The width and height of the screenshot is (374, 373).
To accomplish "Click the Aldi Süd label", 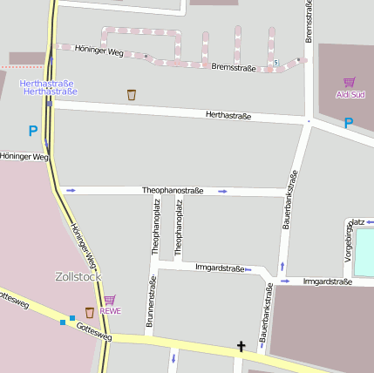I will click(x=349, y=94).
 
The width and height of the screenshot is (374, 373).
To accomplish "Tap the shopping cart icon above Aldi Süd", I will click(x=349, y=82).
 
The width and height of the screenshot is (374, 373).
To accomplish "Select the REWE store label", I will click(x=110, y=310).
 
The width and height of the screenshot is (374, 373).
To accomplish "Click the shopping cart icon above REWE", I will click(x=110, y=299).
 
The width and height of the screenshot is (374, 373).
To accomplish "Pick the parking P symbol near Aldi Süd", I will click(x=348, y=123).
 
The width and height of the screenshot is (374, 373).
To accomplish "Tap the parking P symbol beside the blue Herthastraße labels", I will click(x=33, y=132).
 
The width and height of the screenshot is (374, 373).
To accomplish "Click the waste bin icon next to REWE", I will click(x=89, y=312).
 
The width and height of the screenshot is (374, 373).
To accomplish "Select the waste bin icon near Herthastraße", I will click(x=132, y=94).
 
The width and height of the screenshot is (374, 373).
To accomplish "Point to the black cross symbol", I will click(x=241, y=347).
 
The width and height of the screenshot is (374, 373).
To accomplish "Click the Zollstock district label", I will click(x=78, y=276).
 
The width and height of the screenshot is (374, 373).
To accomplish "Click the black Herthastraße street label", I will click(x=228, y=115).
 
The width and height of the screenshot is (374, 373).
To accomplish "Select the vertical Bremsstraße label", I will click(x=309, y=22).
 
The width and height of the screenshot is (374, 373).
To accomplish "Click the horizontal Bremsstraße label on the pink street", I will click(x=234, y=66).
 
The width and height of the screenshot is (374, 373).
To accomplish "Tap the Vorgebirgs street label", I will click(x=348, y=246).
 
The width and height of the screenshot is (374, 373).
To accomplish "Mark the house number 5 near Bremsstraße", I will click(x=275, y=63).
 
